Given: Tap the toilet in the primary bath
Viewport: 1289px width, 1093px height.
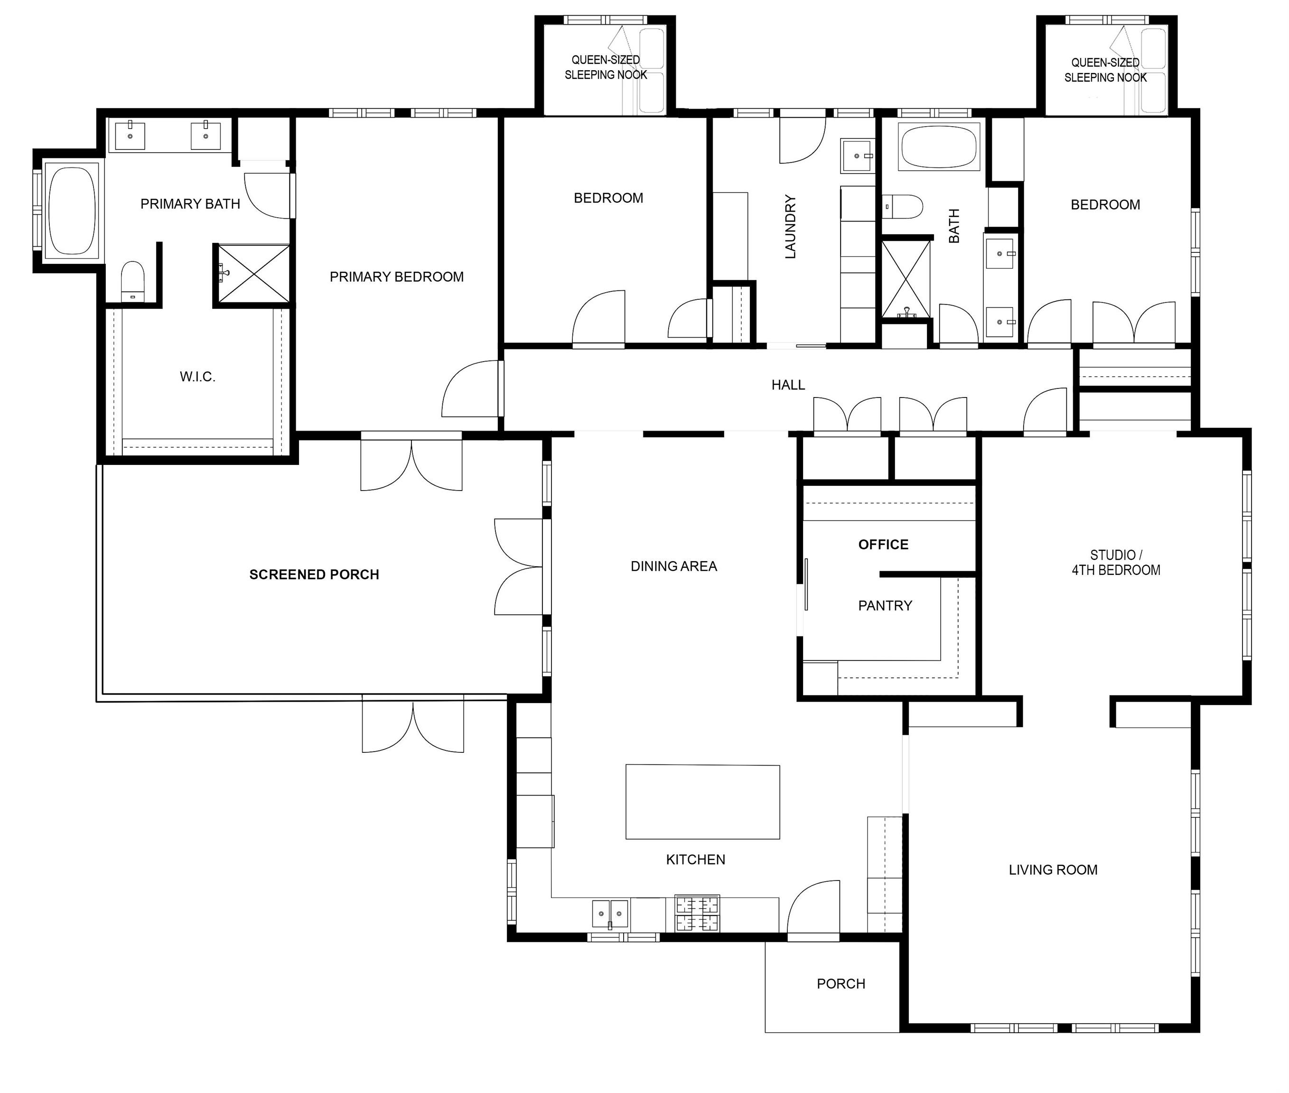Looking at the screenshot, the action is coord(132,282).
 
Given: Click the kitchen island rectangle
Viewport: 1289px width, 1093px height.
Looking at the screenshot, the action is coord(702,802).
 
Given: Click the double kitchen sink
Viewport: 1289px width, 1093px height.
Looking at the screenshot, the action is coord(610,914).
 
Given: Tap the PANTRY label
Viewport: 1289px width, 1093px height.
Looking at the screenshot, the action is coord(885,605).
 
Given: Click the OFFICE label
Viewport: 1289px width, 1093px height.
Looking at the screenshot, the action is coord(883,545).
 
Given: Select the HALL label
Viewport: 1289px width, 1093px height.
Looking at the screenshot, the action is coord(788,385).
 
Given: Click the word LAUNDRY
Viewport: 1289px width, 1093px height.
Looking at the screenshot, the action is coord(790,226).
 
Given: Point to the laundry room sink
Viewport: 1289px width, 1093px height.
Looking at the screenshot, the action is coord(857,156).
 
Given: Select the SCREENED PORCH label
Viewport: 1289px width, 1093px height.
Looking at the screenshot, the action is coord(314,574).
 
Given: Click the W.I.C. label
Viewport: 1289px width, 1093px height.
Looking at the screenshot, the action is coord(198,377).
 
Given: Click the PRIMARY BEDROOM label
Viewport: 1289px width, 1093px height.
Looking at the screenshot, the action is coord(397,277).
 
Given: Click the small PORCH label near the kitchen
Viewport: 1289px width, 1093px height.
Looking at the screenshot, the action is coord(841,984).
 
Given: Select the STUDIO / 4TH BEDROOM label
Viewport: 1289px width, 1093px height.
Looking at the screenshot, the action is coord(1116,563).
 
